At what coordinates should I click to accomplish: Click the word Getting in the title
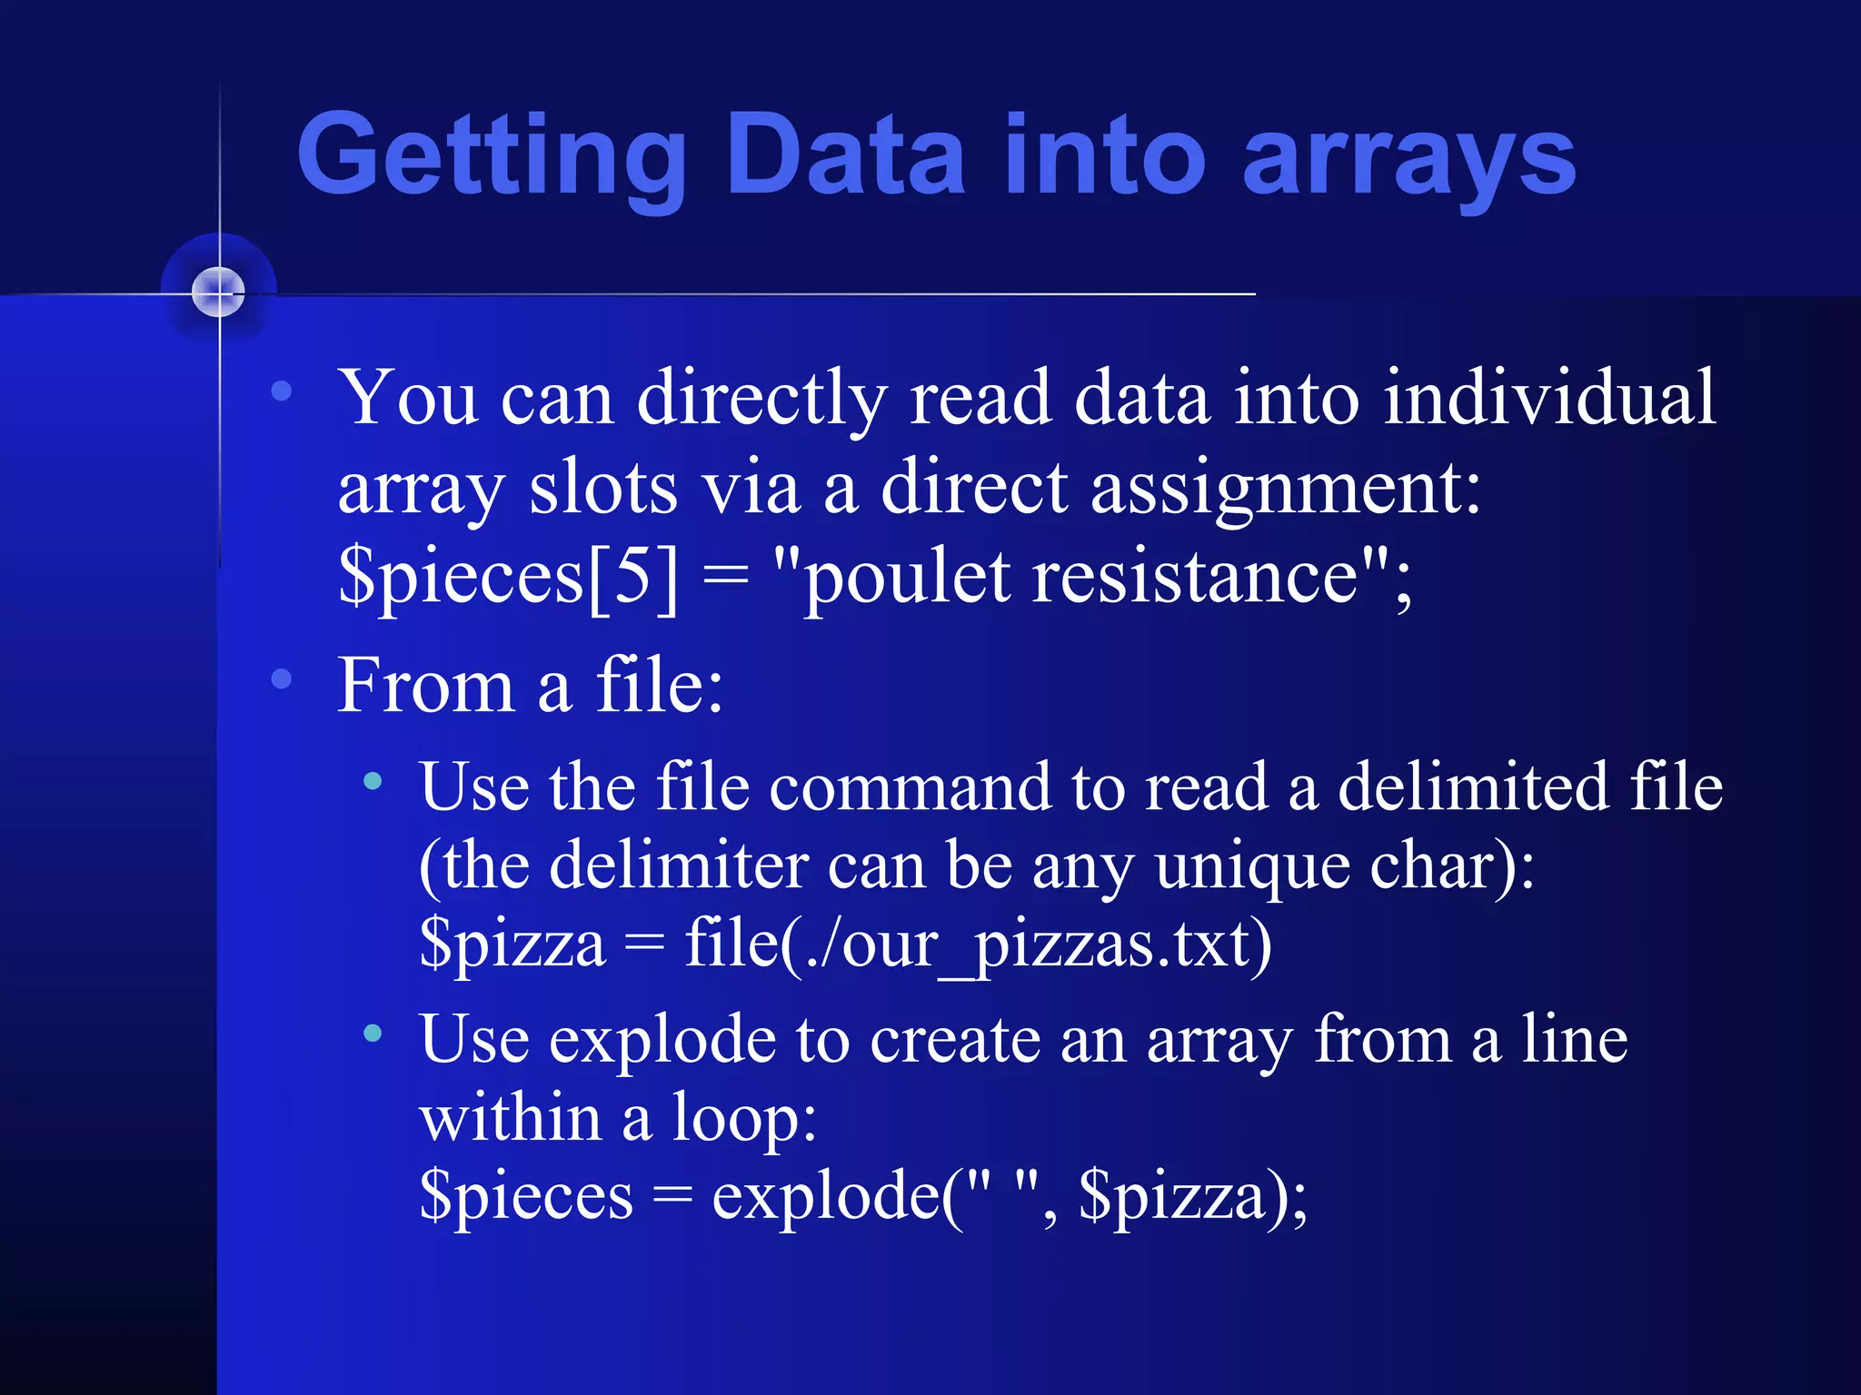(x=492, y=156)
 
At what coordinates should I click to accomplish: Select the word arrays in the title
(x=1409, y=156)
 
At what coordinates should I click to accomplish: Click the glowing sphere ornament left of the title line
(x=219, y=292)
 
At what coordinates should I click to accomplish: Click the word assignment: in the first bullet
(x=1286, y=489)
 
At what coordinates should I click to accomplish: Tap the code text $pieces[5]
(x=508, y=578)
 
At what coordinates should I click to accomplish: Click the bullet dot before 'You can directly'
(x=282, y=391)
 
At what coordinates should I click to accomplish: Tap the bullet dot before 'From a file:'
(x=282, y=678)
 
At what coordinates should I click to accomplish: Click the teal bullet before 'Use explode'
(x=373, y=1033)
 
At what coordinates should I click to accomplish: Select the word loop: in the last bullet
(x=744, y=1117)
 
